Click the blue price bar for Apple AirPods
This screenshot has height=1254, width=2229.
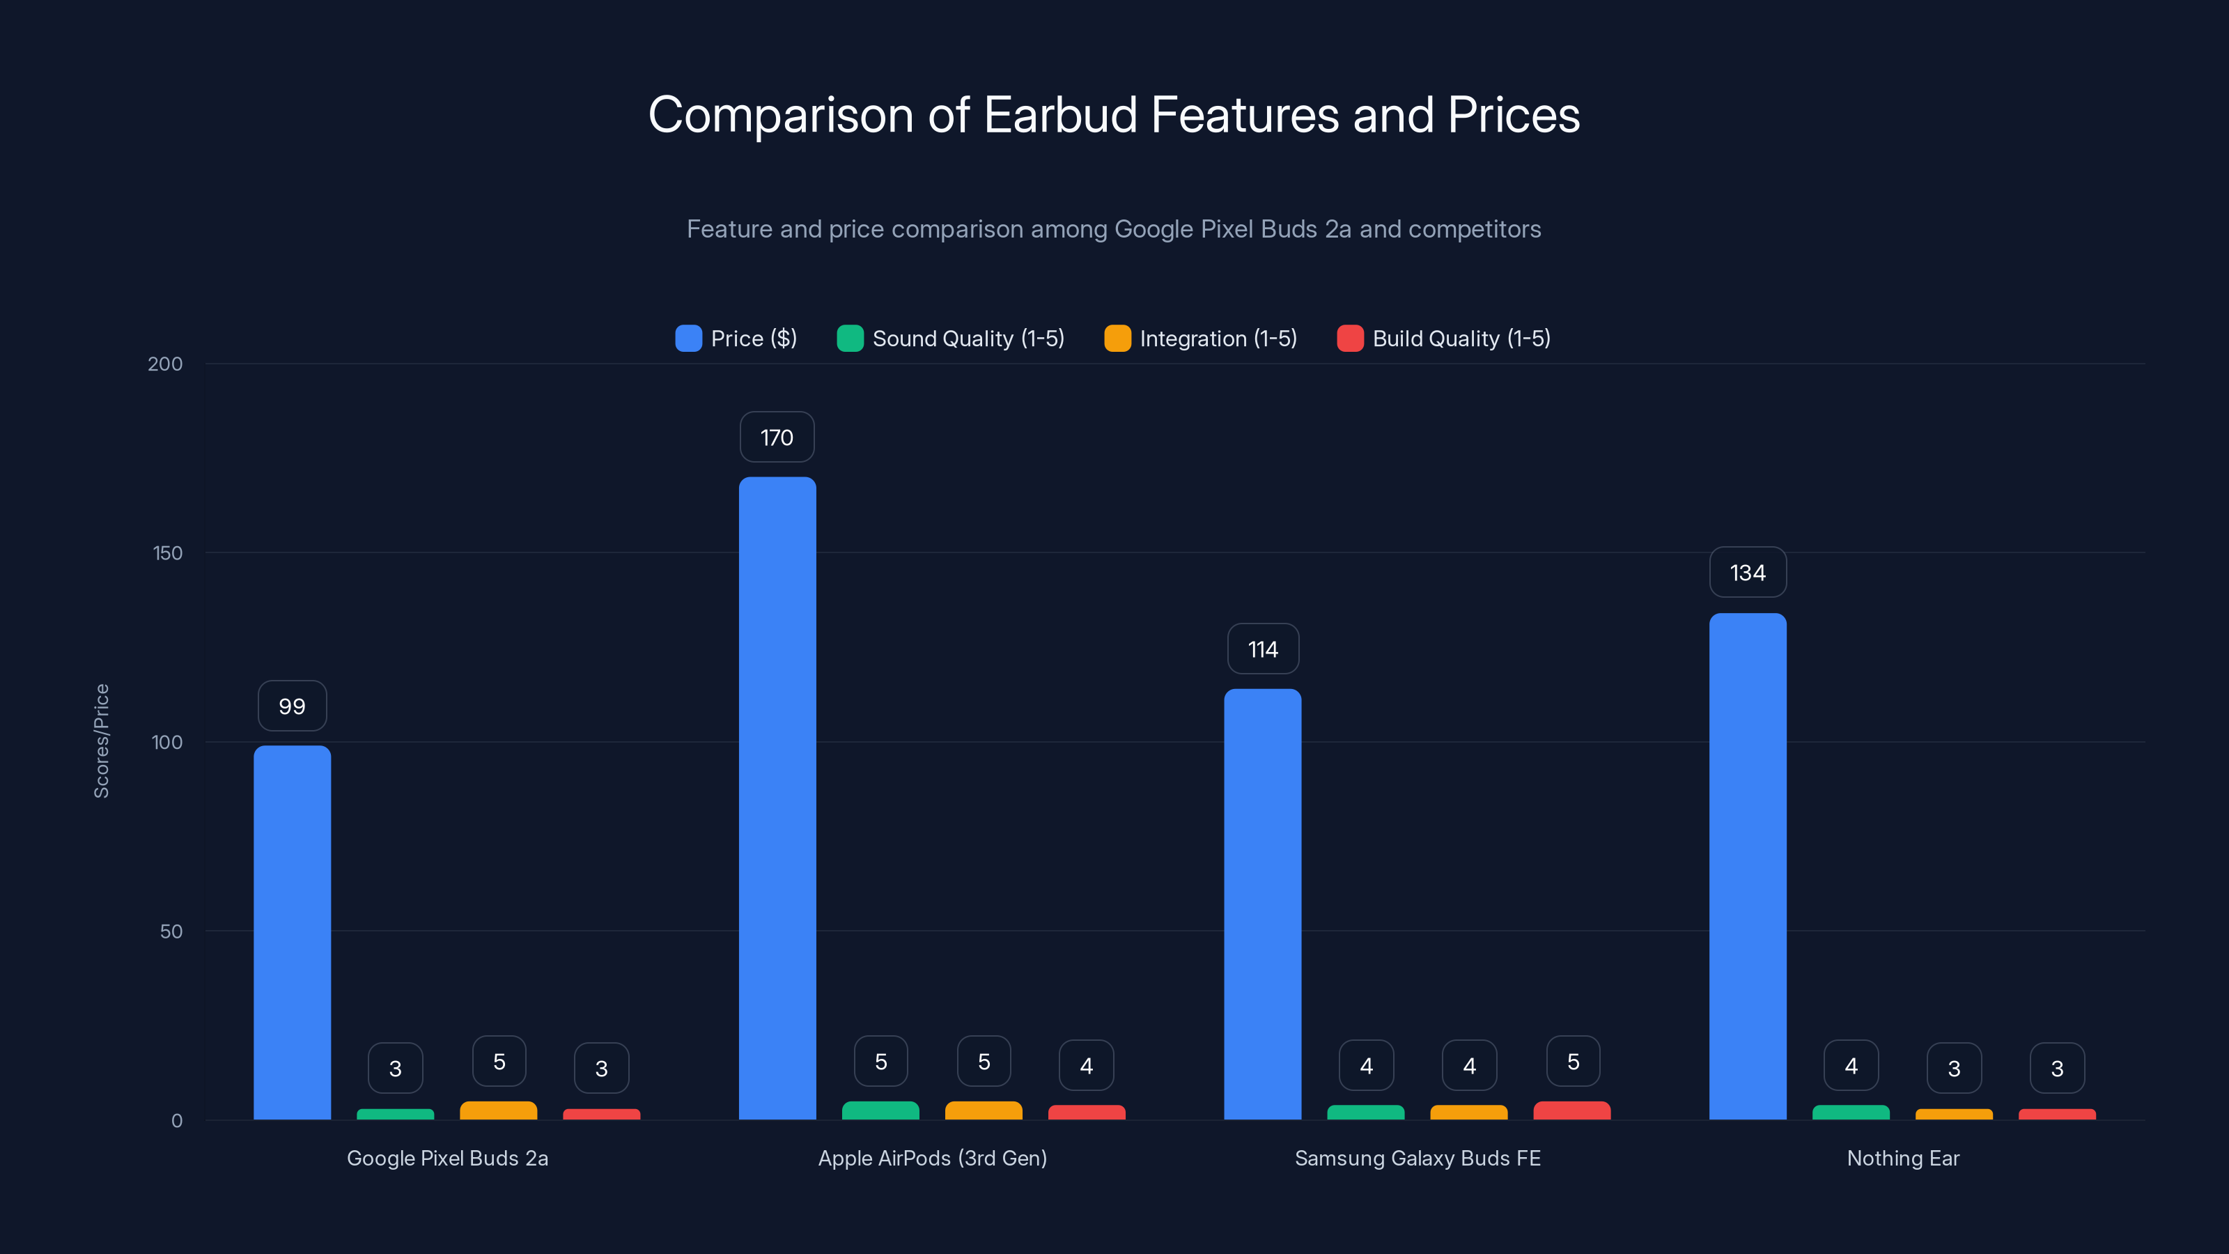[777, 796]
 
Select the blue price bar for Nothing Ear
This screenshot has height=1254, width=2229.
[1747, 865]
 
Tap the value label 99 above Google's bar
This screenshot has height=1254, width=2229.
[292, 706]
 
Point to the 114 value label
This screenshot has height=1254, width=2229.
[1262, 649]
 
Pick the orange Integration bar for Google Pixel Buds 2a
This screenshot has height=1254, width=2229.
[499, 1110]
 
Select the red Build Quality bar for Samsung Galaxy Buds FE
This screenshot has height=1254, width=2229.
[1571, 1110]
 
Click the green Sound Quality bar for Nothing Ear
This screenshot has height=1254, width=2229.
[1850, 1112]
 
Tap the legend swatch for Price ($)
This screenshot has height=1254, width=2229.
[688, 339]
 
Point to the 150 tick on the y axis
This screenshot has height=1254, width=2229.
[168, 553]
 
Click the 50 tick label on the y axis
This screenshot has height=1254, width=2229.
[171, 931]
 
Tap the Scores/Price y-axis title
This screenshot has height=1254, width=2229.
[101, 741]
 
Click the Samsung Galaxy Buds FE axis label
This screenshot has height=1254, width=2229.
[1418, 1158]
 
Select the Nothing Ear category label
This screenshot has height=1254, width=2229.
[1903, 1158]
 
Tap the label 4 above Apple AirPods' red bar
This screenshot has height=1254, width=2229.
[1086, 1066]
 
